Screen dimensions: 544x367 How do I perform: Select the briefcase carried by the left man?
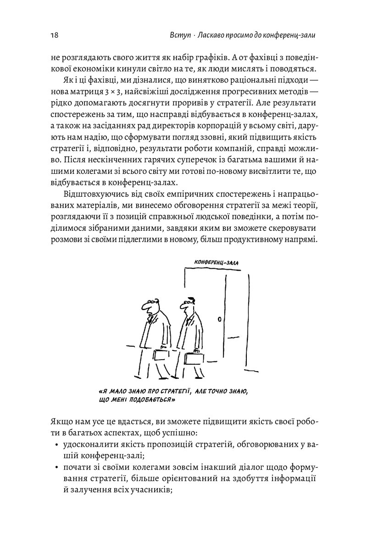[x=161, y=355]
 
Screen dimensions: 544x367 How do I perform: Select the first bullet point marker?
[x=56, y=445]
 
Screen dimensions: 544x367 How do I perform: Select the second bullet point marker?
[x=56, y=467]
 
